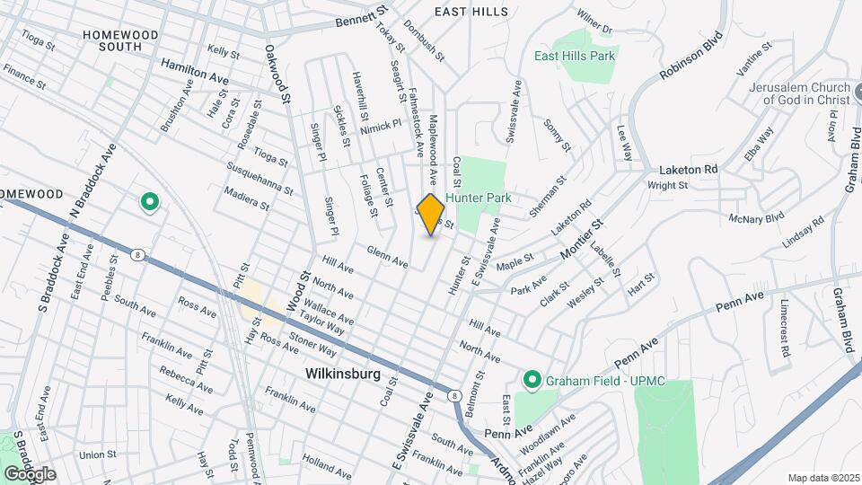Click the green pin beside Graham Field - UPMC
click(x=531, y=381)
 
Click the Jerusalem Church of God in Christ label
click(x=800, y=93)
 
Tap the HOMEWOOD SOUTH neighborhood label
click(x=119, y=40)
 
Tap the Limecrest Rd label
click(x=784, y=328)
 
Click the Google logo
click(x=30, y=473)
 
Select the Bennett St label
click(x=361, y=17)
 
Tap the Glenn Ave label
click(x=388, y=257)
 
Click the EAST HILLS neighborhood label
click(x=471, y=12)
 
